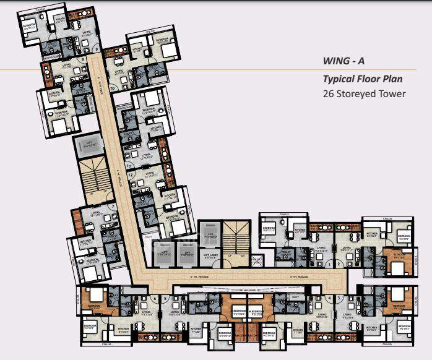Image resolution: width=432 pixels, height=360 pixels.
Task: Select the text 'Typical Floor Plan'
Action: click(363, 79)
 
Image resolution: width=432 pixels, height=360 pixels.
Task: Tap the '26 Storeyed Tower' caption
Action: click(365, 94)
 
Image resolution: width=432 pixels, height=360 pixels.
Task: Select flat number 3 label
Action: click(339, 298)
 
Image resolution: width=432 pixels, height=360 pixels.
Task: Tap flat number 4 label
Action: click(329, 298)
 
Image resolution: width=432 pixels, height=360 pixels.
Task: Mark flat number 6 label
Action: click(153, 298)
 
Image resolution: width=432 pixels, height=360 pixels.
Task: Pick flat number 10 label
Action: click(113, 88)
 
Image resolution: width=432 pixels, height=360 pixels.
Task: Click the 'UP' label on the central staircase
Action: click(230, 255)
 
